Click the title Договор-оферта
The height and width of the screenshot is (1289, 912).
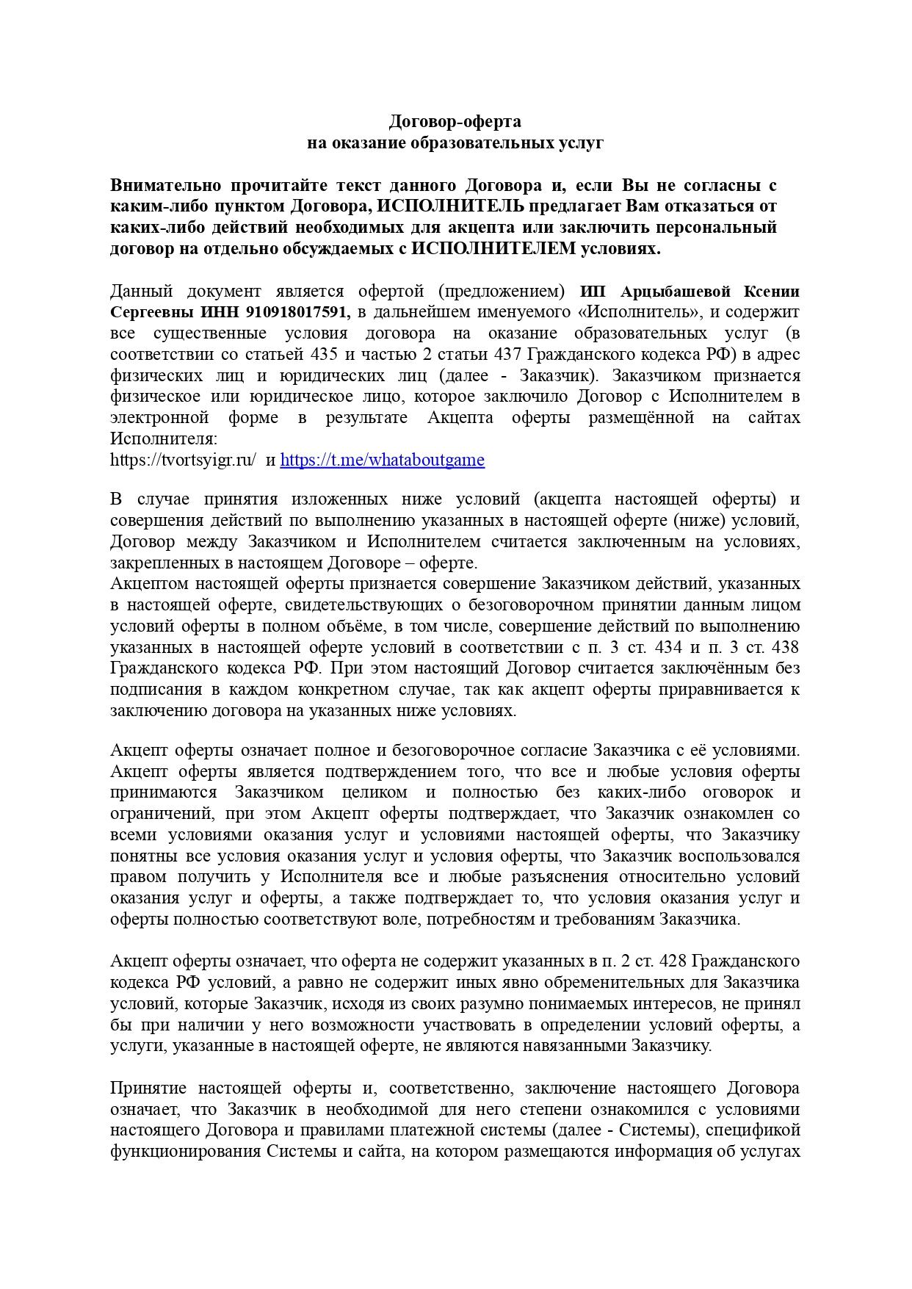point(455,121)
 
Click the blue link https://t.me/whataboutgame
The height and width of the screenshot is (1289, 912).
point(382,461)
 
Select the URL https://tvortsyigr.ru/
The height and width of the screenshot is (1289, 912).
point(183,461)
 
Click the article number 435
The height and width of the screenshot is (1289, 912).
point(323,355)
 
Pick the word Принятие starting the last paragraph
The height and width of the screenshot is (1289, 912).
point(147,1088)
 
